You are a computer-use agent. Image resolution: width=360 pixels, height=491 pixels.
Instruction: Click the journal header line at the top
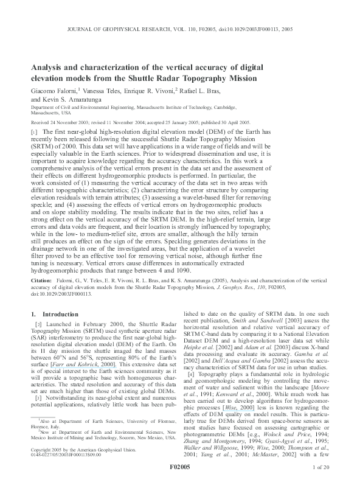179,29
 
